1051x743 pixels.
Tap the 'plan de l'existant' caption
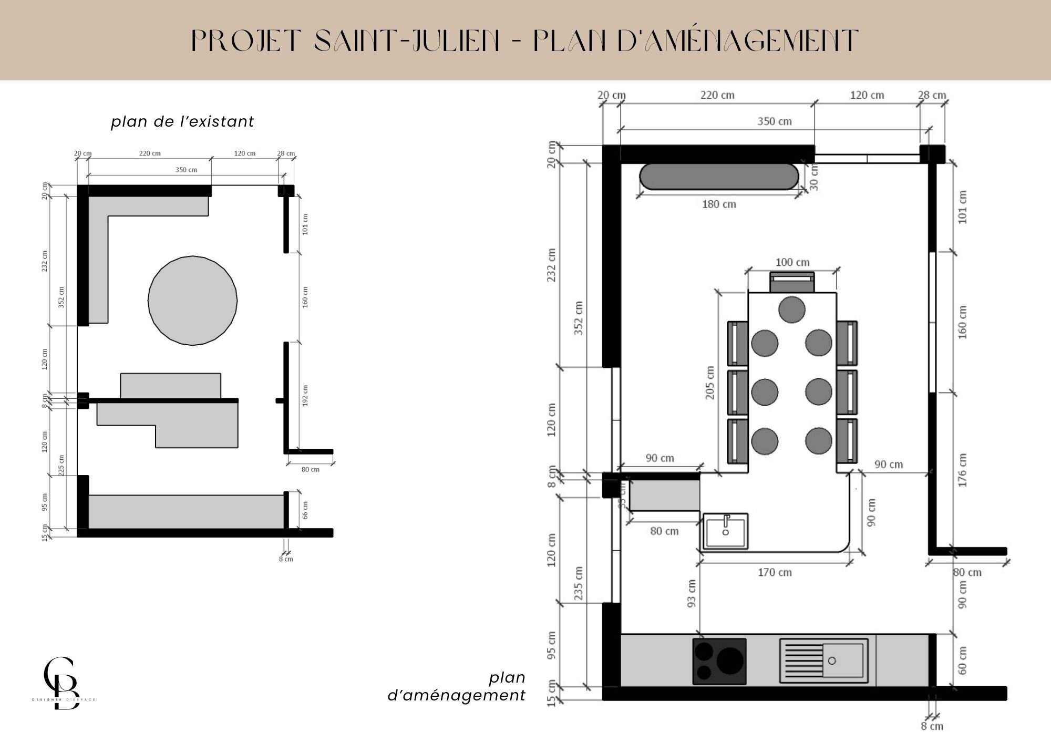coord(182,122)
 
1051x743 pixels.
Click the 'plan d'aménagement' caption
coord(456,687)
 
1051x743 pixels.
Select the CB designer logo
coord(62,683)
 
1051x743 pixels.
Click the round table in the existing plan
coord(192,301)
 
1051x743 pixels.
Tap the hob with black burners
coord(719,661)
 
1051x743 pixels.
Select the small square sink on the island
coord(726,531)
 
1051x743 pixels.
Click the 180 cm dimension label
coord(719,204)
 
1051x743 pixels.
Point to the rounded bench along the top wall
coord(718,177)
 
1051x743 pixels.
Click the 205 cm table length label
coord(710,383)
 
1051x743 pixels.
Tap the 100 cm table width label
coord(792,262)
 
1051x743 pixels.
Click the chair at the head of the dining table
coord(792,283)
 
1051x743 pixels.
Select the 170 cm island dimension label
coord(775,573)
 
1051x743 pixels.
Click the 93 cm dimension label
coord(692,593)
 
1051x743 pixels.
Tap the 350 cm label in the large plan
coord(774,121)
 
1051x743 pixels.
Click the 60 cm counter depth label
coord(962,661)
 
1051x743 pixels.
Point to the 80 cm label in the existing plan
coord(311,470)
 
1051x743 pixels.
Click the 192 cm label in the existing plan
coord(305,396)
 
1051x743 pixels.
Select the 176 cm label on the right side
coord(962,470)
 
